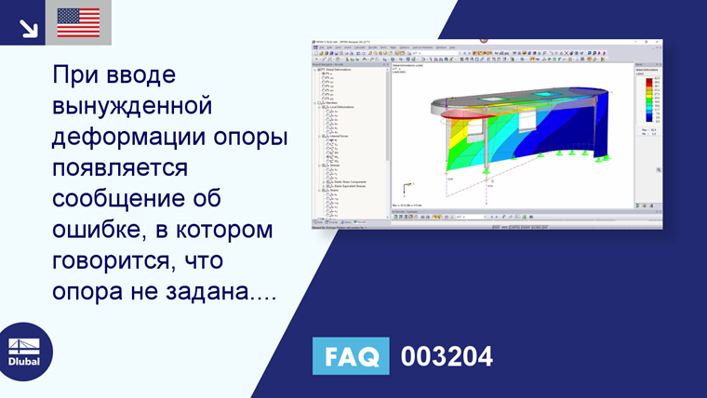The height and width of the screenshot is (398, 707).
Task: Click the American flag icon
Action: pyautogui.click(x=78, y=22)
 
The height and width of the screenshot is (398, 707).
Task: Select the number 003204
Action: pyautogui.click(x=447, y=357)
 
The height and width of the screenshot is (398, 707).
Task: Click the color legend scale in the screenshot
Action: pyautogui.click(x=648, y=102)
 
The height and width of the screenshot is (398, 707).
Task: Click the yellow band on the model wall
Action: pyautogui.click(x=448, y=149)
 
